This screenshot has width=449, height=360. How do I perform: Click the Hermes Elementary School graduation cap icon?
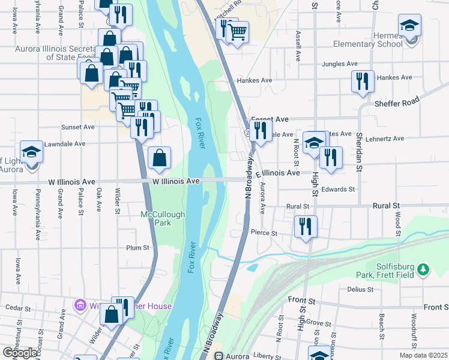pyautogui.click(x=409, y=26)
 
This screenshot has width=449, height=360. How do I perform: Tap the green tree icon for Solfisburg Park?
pyautogui.click(x=424, y=270)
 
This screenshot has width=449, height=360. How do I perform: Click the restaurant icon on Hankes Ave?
pyautogui.click(x=362, y=81)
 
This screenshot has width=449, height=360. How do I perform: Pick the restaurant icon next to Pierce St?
pyautogui.click(x=306, y=226)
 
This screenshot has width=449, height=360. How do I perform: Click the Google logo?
pyautogui.click(x=19, y=352)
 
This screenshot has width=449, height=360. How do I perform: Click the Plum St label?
pyautogui.click(x=137, y=247)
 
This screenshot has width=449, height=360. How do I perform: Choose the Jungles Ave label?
pyautogui.click(x=342, y=64)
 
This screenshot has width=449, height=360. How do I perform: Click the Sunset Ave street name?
pyautogui.click(x=78, y=127)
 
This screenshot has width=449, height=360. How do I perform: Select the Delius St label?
pyautogui.click(x=360, y=289)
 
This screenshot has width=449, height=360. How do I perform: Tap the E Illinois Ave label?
pyautogui.click(x=277, y=173)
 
